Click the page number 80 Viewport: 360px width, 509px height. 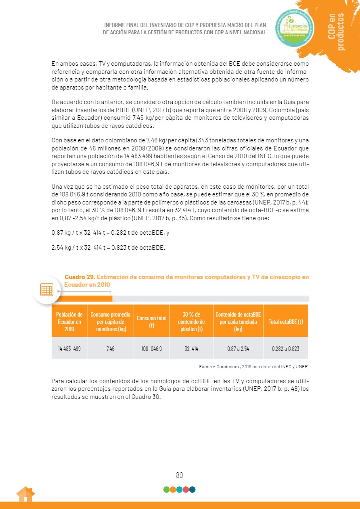[x=179, y=475]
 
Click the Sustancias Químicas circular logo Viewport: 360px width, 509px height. [x=295, y=28]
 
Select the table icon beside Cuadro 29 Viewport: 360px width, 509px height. [x=47, y=290]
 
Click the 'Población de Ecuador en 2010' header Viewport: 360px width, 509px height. [x=69, y=321]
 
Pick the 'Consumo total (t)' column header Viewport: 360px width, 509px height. [x=151, y=321]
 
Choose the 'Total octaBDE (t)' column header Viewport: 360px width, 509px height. [x=285, y=321]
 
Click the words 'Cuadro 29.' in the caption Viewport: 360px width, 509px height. [x=80, y=277]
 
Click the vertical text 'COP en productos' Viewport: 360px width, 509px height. [x=336, y=32]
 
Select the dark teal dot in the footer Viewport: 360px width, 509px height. [x=193, y=490]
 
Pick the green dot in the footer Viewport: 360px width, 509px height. [x=166, y=490]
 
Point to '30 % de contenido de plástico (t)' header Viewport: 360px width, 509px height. [x=191, y=321]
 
